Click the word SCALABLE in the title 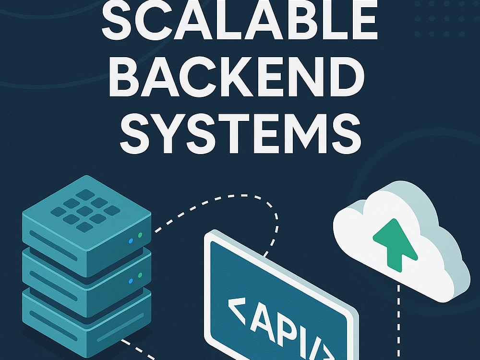coord(239,20)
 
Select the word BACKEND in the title coord(237,76)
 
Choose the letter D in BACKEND coord(346,76)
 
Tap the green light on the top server coord(140,235)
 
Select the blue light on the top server coord(131,241)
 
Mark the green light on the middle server coord(140,275)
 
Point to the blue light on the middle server coord(131,281)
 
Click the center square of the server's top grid coord(85,211)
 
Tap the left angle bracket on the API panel coord(238,311)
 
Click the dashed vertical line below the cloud coord(398,323)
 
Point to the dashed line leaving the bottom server coord(138,349)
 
